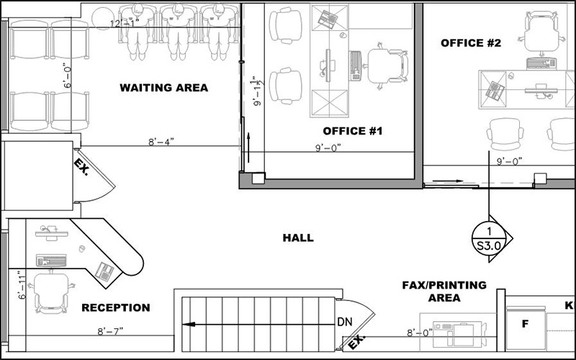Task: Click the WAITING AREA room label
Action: [164, 88]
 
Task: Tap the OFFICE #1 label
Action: [353, 131]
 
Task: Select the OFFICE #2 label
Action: [471, 43]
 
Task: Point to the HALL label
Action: [298, 238]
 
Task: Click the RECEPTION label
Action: [116, 307]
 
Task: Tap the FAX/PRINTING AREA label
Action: [444, 292]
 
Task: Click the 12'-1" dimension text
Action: [125, 24]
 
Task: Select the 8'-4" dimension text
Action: [161, 142]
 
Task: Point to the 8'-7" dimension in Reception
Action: [110, 331]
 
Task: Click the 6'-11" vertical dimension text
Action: [22, 284]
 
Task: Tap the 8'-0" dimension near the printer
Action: [420, 333]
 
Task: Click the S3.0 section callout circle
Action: [489, 239]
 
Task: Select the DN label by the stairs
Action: [345, 322]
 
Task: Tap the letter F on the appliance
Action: [526, 323]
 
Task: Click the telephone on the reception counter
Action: [104, 272]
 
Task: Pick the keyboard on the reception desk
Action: [51, 260]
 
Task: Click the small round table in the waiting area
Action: [102, 19]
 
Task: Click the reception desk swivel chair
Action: [51, 292]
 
